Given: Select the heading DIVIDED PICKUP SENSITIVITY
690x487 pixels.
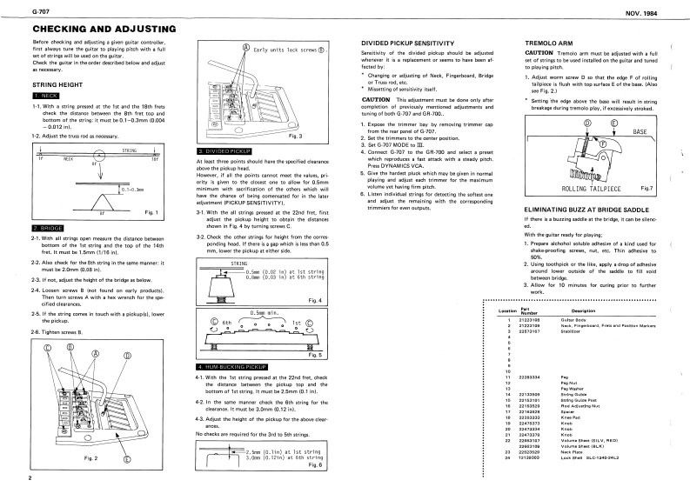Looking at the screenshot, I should coord(408,43).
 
